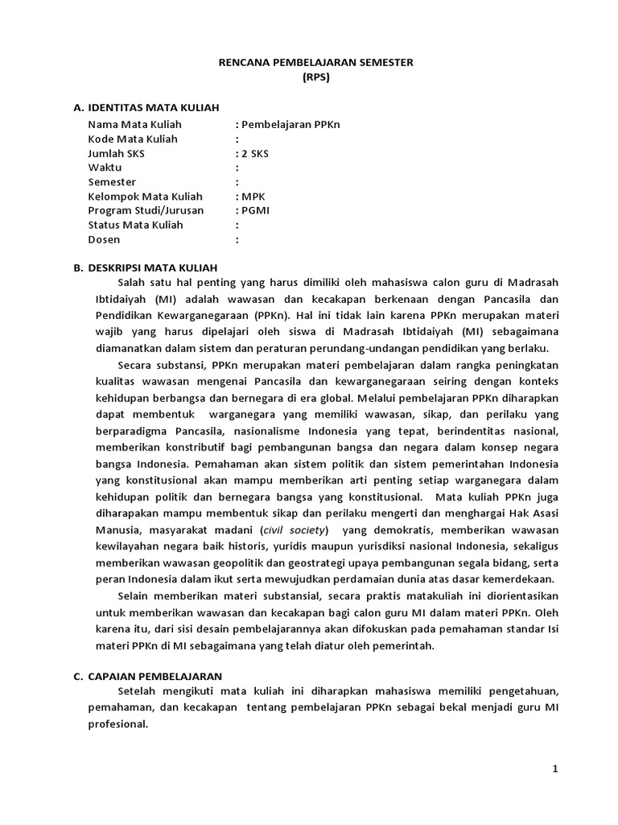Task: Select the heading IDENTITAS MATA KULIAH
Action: [152, 107]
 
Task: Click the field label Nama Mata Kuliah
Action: [134, 125]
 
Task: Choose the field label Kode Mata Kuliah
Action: [133, 139]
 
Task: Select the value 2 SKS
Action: [257, 154]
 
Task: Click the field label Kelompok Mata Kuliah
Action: [145, 197]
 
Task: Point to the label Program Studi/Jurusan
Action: [146, 211]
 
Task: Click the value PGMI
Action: [255, 211]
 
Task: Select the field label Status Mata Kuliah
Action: [135, 226]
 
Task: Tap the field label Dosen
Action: [104, 240]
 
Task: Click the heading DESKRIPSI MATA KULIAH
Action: [152, 267]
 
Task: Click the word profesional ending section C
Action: [118, 723]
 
